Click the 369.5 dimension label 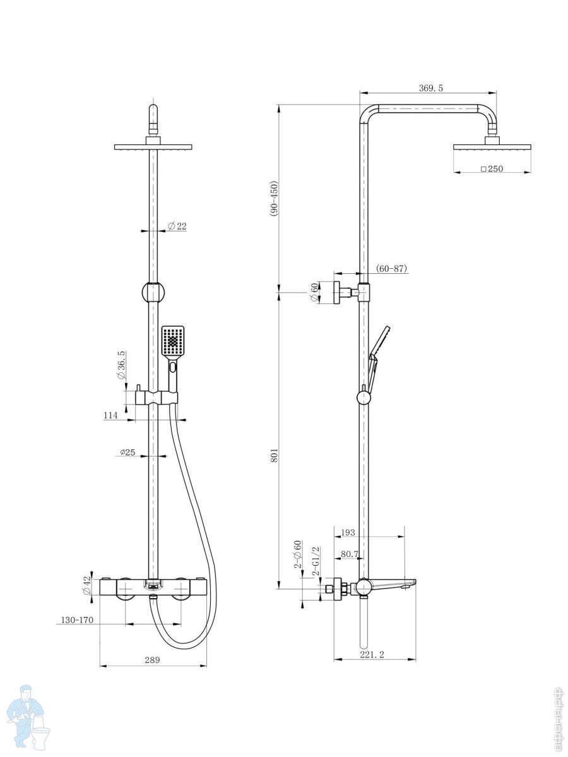431,88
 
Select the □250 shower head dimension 492,168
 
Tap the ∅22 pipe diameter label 177,226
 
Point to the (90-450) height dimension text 274,198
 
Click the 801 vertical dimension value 274,455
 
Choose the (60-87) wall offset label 391,268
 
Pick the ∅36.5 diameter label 121,365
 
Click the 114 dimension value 110,415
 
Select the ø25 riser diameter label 127,452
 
